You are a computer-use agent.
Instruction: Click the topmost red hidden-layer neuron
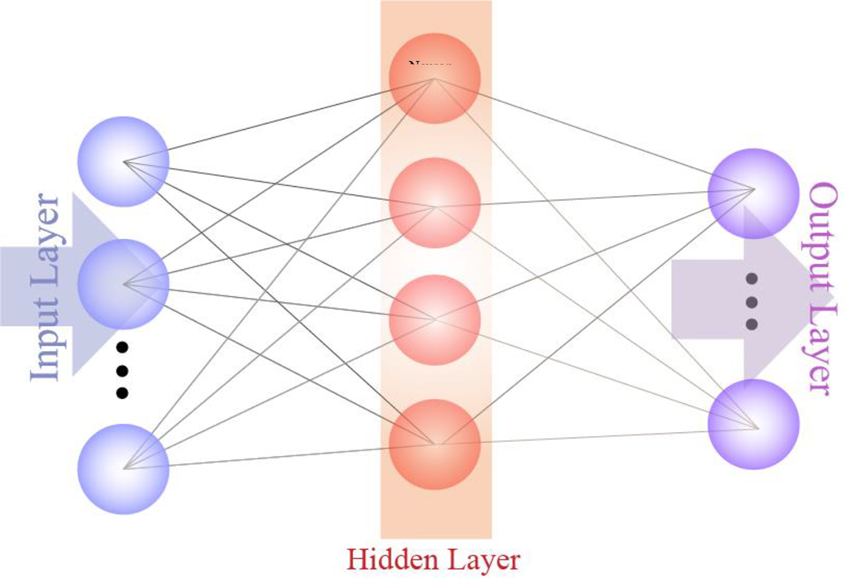pyautogui.click(x=435, y=78)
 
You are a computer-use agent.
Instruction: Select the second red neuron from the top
pyautogui.click(x=435, y=203)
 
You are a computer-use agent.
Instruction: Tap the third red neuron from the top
pyautogui.click(x=435, y=320)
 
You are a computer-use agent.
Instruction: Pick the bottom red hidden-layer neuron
pyautogui.click(x=435, y=444)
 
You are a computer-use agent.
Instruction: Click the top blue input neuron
pyautogui.click(x=123, y=161)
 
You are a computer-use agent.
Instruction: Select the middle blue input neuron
pyautogui.click(x=123, y=284)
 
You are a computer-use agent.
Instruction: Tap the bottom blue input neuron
pyautogui.click(x=123, y=469)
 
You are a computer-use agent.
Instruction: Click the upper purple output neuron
pyautogui.click(x=753, y=193)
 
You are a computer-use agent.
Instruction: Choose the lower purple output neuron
pyautogui.click(x=753, y=424)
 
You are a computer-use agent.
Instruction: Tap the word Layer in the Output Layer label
pyautogui.click(x=822, y=340)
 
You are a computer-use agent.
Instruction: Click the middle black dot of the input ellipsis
pyautogui.click(x=122, y=370)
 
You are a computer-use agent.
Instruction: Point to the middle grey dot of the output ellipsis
pyautogui.click(x=751, y=302)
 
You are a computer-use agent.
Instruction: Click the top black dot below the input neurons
pyautogui.click(x=122, y=347)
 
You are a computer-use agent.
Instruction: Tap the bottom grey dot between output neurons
pyautogui.click(x=751, y=324)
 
